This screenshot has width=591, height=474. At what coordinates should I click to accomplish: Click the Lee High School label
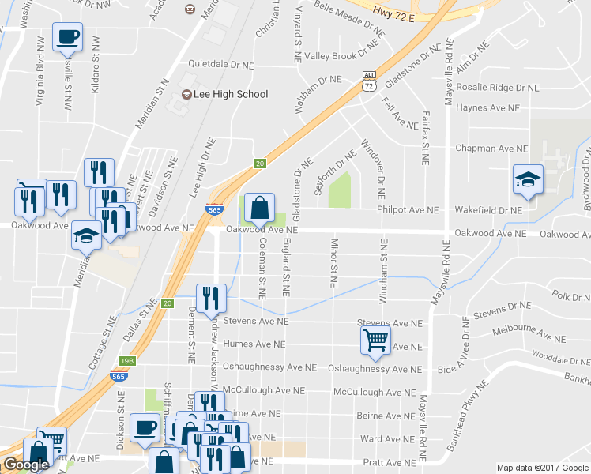tap(232, 95)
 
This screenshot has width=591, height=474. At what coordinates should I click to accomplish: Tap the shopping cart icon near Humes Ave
tap(375, 340)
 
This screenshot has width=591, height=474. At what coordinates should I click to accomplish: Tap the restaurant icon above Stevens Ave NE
tap(211, 298)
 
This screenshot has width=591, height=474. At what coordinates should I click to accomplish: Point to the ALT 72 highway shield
tap(369, 82)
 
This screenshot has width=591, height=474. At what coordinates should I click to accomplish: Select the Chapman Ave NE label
tap(491, 149)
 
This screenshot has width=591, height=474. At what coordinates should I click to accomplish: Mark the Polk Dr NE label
tap(571, 297)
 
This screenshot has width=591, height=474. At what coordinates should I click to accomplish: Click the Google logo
tap(26, 465)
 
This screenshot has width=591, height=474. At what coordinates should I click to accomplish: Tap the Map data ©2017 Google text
tap(543, 468)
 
